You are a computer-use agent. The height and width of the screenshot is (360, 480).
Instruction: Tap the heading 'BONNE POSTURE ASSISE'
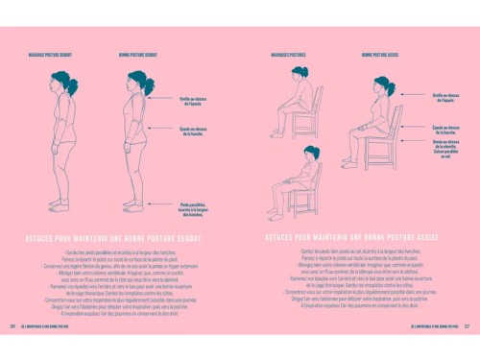[379, 56]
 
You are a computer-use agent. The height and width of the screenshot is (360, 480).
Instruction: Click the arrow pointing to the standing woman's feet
[163, 205]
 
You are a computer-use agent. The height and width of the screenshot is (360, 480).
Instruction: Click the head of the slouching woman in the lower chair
[310, 152]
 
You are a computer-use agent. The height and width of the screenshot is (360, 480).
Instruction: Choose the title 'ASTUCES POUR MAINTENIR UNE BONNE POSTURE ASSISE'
[356, 237]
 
